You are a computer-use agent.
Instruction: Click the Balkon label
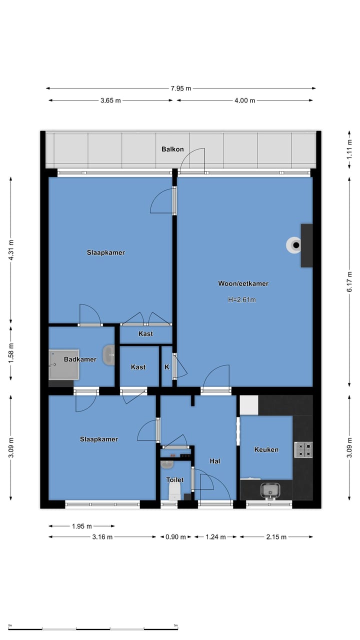click(x=172, y=149)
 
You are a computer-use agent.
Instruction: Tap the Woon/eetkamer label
click(x=243, y=283)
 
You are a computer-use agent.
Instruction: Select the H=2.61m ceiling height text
click(x=241, y=299)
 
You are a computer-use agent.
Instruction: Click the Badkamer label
click(x=80, y=359)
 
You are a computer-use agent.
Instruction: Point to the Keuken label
click(x=266, y=449)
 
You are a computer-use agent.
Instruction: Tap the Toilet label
click(x=175, y=479)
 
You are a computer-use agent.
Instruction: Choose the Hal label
click(x=215, y=461)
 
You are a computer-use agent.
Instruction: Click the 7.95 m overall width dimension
click(x=181, y=88)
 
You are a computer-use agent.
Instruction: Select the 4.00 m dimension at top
click(x=245, y=100)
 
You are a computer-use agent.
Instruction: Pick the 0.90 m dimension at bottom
click(x=175, y=537)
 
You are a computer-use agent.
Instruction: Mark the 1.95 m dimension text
click(x=81, y=526)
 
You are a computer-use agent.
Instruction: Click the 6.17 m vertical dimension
click(x=349, y=281)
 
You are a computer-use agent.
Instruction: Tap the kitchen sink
click(x=270, y=490)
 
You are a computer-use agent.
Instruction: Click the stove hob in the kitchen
click(x=303, y=450)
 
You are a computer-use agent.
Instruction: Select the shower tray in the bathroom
click(x=63, y=364)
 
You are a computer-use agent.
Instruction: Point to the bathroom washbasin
click(x=108, y=355)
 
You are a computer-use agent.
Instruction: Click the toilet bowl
click(x=174, y=491)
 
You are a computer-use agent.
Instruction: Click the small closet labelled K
click(x=167, y=367)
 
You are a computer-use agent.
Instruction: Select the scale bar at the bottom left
click(x=93, y=629)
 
